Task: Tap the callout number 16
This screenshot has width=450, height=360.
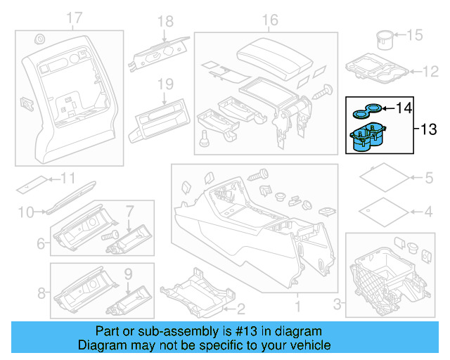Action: click(270, 20)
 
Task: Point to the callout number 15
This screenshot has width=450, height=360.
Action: click(416, 34)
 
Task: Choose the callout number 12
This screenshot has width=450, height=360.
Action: click(429, 71)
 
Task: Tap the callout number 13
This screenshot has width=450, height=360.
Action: click(428, 129)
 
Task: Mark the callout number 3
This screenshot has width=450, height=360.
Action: click(337, 304)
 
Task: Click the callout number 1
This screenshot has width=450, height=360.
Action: click(296, 307)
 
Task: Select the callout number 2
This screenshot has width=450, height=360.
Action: click(240, 308)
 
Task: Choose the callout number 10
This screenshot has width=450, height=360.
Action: click(26, 211)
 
